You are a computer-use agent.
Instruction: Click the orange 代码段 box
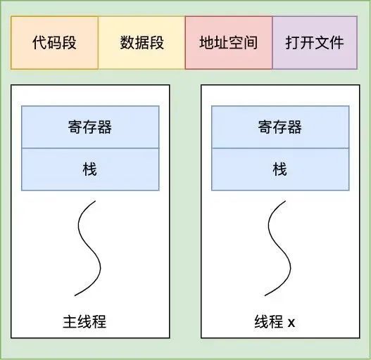pyautogui.click(x=54, y=43)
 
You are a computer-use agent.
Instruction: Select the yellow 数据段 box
pyautogui.click(x=142, y=43)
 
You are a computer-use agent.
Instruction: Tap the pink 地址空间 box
pyautogui.click(x=229, y=43)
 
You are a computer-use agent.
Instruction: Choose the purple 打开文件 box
pyautogui.click(x=315, y=43)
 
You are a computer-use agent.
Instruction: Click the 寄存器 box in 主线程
pyautogui.click(x=90, y=127)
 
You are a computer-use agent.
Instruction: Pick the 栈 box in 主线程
pyautogui.click(x=90, y=169)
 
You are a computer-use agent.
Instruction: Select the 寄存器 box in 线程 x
pyautogui.click(x=280, y=127)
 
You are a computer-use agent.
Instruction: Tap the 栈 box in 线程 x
pyautogui.click(x=280, y=169)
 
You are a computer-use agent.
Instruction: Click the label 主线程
pyautogui.click(x=84, y=322)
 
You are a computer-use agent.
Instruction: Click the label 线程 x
pyautogui.click(x=275, y=322)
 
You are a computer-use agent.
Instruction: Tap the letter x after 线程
pyautogui.click(x=291, y=323)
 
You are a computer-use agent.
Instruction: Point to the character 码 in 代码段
pyautogui.click(x=54, y=43)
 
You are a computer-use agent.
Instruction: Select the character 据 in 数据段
pyautogui.click(x=142, y=43)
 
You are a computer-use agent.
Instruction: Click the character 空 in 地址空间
pyautogui.click(x=236, y=43)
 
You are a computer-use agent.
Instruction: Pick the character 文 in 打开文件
pyautogui.click(x=322, y=43)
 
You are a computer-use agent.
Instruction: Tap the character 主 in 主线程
pyautogui.click(x=70, y=322)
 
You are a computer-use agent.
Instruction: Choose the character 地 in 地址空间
pyautogui.click(x=207, y=43)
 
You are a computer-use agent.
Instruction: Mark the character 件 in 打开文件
pyautogui.click(x=337, y=43)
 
